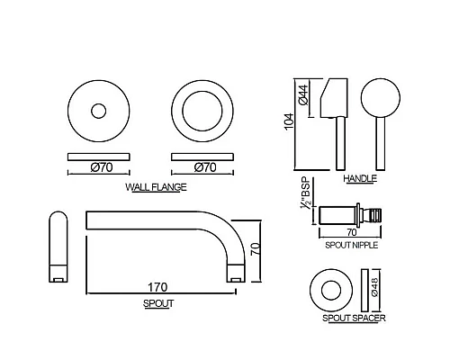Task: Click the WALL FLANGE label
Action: (156, 187)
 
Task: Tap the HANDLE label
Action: (360, 178)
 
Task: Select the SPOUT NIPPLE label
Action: (352, 245)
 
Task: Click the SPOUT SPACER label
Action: (354, 318)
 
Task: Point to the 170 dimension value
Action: (157, 287)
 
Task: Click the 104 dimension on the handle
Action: (289, 121)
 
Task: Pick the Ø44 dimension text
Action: (303, 94)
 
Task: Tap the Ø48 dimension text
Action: (374, 287)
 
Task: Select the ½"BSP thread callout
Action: (306, 194)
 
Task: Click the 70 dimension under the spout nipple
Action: (352, 232)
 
